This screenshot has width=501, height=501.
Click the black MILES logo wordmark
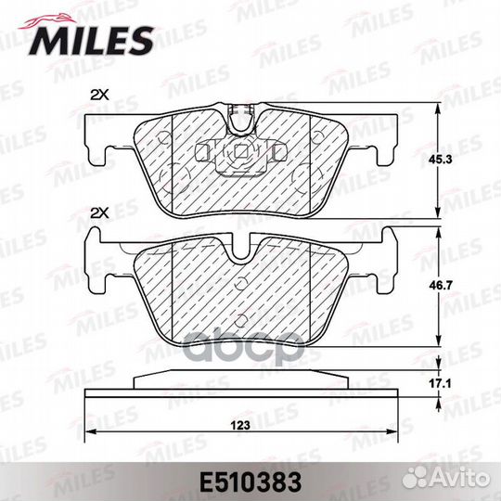click(91, 41)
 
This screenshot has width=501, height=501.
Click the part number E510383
click(250, 482)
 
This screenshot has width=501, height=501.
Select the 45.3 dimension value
click(440, 160)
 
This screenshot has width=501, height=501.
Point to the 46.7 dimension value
click(440, 286)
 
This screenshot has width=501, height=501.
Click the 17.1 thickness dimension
click(440, 384)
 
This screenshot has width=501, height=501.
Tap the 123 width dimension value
click(240, 425)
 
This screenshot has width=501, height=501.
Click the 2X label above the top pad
click(99, 95)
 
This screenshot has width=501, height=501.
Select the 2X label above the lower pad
click(99, 213)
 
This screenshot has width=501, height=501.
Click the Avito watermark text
click(460, 479)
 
